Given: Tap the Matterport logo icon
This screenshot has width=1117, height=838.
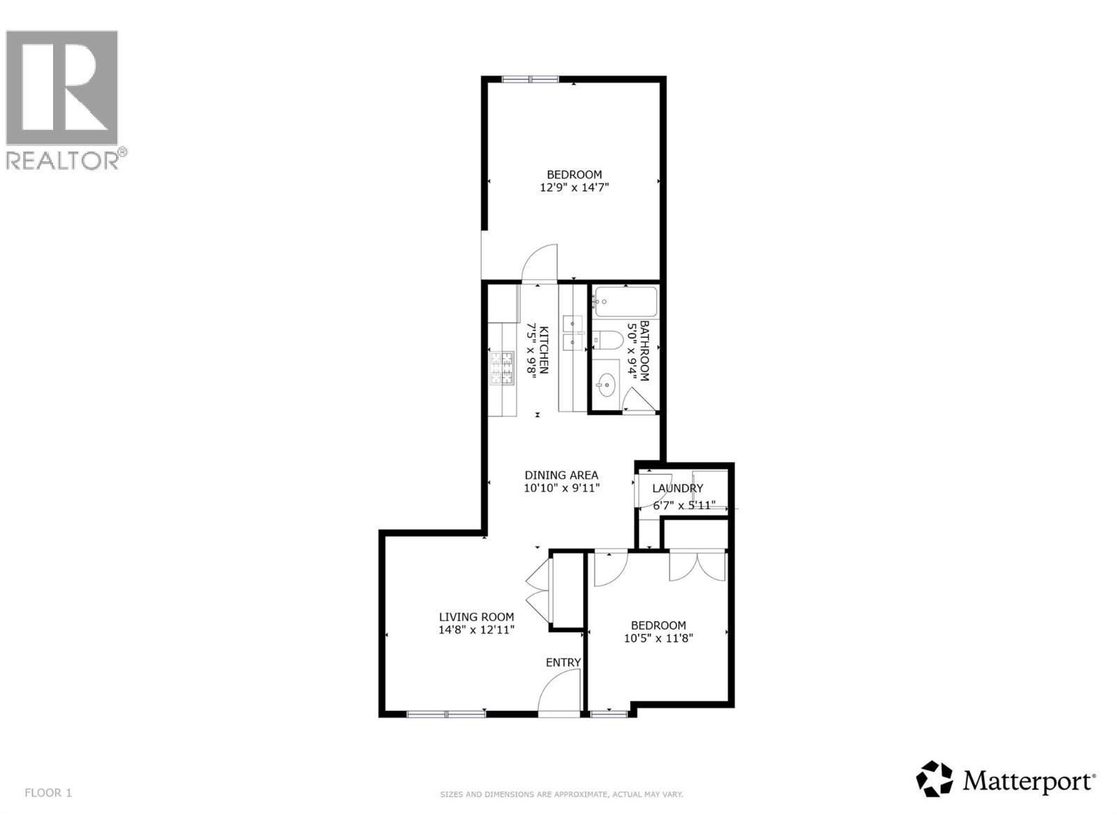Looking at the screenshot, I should point(934,779).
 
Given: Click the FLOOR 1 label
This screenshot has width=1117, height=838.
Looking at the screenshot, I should point(48,793).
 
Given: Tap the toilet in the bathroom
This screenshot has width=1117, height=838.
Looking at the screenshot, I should point(607,340).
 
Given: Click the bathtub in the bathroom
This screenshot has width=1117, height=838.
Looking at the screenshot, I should point(626,302).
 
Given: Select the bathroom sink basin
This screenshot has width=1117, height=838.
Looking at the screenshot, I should point(605,383).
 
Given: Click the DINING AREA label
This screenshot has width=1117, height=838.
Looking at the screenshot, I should point(561,475).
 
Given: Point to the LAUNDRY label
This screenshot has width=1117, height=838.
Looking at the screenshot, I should point(677,488).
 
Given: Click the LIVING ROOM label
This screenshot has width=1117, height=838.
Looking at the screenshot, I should point(476,617).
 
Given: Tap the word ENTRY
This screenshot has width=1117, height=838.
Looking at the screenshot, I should point(563,662).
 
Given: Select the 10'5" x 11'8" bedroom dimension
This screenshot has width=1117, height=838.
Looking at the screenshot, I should point(658,638).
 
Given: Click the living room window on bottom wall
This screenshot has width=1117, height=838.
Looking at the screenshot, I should point(446,713).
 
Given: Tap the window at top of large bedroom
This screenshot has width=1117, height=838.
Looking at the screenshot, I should point(529,79).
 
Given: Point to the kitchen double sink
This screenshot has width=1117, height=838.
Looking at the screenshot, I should point(575,332).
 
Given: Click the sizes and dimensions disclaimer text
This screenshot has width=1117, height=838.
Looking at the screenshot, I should point(561,795).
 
